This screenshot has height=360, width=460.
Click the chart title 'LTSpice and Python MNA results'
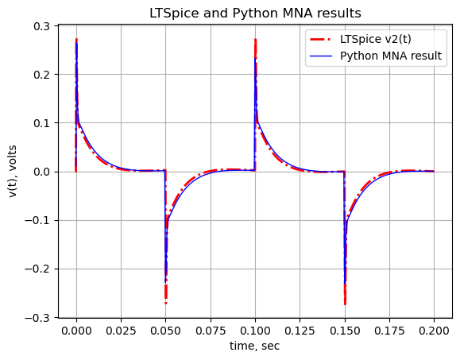(255, 14)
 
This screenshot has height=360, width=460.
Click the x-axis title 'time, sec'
(255, 346)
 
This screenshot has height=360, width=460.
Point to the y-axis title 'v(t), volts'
(13, 172)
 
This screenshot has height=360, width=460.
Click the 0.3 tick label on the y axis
(41, 26)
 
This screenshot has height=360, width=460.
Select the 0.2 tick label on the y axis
(41, 75)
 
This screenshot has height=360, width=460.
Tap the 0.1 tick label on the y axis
(41, 123)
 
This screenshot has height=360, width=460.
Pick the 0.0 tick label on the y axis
(41, 172)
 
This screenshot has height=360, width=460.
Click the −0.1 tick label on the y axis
(37, 220)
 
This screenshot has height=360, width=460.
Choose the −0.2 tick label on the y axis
(37, 269)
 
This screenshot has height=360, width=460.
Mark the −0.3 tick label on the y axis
(37, 318)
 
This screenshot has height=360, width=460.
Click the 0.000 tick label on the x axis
(76, 331)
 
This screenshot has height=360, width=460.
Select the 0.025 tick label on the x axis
(121, 331)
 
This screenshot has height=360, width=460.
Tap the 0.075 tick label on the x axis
(211, 331)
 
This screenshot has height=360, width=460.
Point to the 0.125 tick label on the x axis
(300, 331)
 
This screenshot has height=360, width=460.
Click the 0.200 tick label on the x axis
(434, 331)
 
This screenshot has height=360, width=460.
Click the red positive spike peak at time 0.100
(255, 39)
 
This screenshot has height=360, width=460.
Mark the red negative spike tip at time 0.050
(166, 303)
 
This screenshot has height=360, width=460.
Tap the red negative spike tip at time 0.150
(345, 304)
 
